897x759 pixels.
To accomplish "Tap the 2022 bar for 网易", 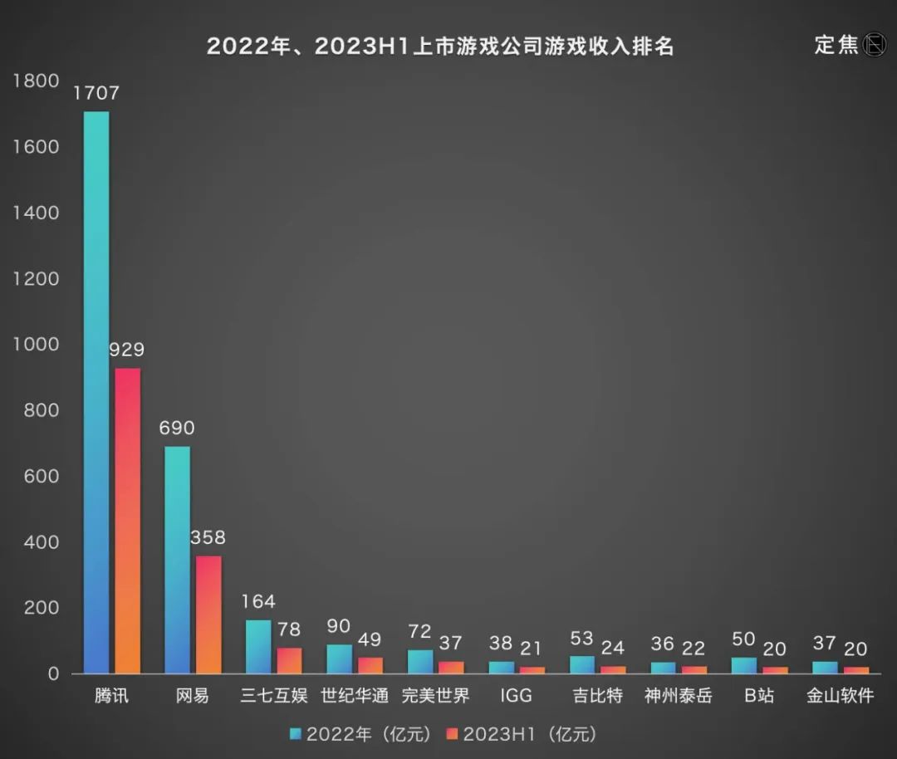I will [177, 560].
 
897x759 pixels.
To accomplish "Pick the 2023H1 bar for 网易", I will [208, 615].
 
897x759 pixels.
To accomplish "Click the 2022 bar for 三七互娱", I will [258, 647].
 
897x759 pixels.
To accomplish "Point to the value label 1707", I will [96, 93].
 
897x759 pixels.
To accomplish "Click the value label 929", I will [127, 350].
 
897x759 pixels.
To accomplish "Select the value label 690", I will [177, 428].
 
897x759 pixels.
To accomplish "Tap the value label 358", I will [208, 538].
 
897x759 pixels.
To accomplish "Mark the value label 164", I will [258, 601].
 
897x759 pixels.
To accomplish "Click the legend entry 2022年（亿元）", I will [360, 734].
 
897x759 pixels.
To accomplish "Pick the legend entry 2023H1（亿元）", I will [521, 734].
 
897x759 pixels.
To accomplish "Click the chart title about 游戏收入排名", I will [440, 47].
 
